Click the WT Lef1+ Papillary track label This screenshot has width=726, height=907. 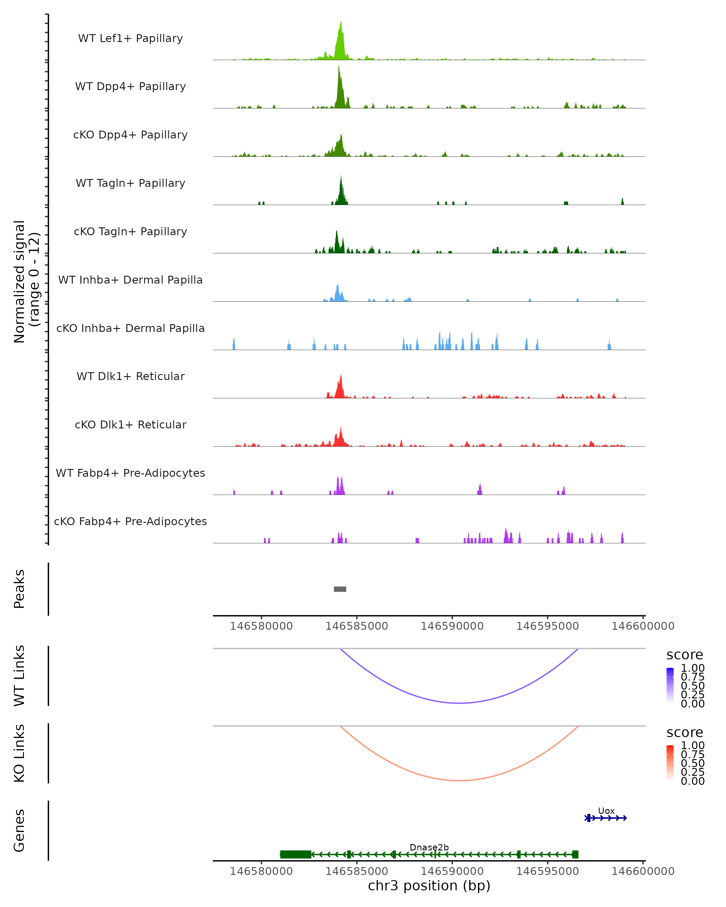(x=130, y=38)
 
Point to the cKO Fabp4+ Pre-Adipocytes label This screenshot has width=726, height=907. (x=130, y=521)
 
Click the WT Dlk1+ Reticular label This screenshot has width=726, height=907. (x=130, y=376)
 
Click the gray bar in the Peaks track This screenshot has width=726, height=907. (x=340, y=589)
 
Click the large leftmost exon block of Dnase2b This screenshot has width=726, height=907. (x=296, y=854)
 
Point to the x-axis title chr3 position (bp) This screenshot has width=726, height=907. (x=429, y=886)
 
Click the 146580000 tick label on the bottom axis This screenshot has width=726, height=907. (x=261, y=871)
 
